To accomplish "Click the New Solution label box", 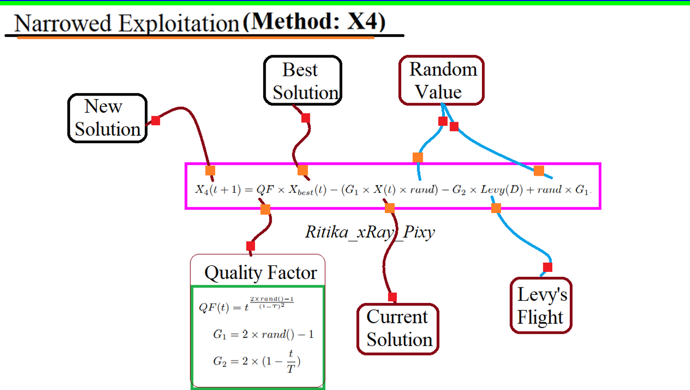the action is tap(107, 118).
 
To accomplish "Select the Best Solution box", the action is tap(303, 81).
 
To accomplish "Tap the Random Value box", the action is tap(441, 81).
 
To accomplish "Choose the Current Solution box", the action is tap(398, 328).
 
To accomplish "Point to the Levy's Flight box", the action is tap(541, 305).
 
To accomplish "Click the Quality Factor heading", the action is tap(261, 273).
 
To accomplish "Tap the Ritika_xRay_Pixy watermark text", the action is tap(370, 232).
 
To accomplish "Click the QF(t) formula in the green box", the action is tap(246, 305).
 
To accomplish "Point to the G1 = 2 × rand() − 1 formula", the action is tap(263, 334).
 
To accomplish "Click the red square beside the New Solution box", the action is tap(155, 121).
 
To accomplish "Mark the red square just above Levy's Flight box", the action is tap(548, 267).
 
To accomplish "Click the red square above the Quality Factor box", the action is tap(251, 246).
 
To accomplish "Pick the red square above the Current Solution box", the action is tap(392, 296).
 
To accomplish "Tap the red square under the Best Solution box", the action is tap(306, 118).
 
